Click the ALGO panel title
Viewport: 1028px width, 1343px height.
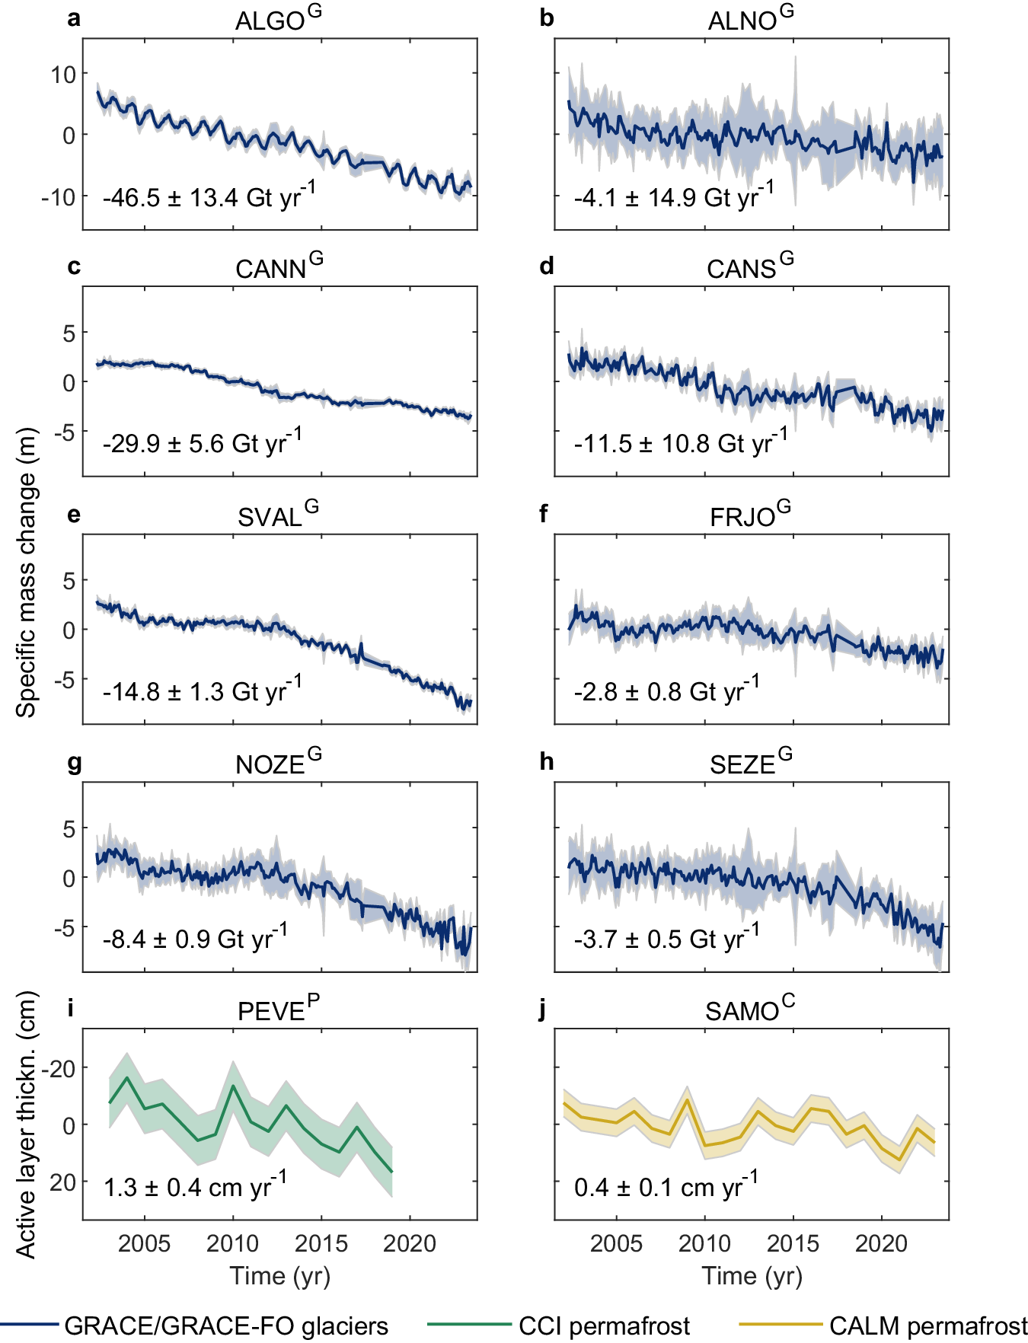[x=278, y=20]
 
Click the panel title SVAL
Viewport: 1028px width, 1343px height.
[x=278, y=516]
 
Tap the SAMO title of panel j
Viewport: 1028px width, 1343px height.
[x=749, y=1011]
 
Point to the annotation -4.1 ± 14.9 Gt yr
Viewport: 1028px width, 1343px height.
[x=673, y=197]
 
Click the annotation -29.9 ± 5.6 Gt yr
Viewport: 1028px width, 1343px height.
[x=202, y=442]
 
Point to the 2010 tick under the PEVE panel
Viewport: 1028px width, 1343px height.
[x=233, y=1244]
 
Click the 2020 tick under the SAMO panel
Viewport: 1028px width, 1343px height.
[x=881, y=1244]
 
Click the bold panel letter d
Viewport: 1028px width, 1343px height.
[x=546, y=266]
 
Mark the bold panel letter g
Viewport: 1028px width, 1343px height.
[x=74, y=762]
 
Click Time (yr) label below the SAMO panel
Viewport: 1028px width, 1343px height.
[x=752, y=1276]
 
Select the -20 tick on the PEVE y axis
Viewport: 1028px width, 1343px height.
[x=59, y=1068]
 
